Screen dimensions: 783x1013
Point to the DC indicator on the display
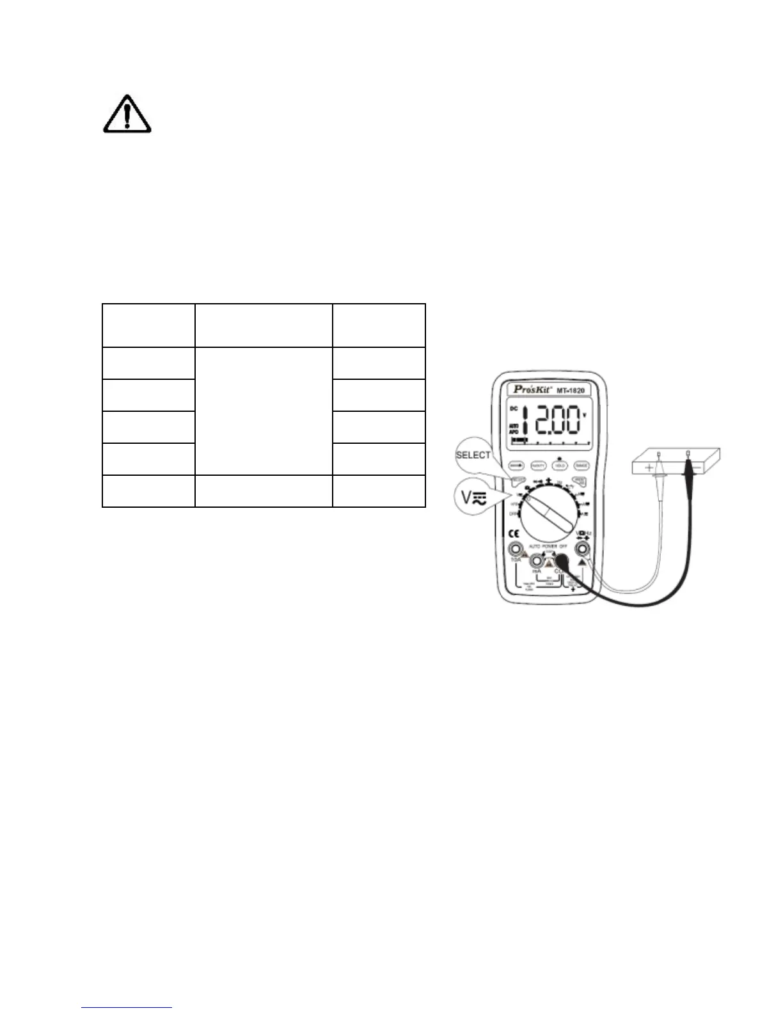coord(513,409)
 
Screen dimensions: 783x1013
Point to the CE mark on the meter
coord(513,533)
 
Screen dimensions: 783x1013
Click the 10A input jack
coord(514,549)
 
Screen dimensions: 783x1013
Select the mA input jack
coord(536,561)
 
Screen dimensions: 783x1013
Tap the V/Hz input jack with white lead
coord(582,548)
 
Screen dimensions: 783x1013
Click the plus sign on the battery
coord(650,468)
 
